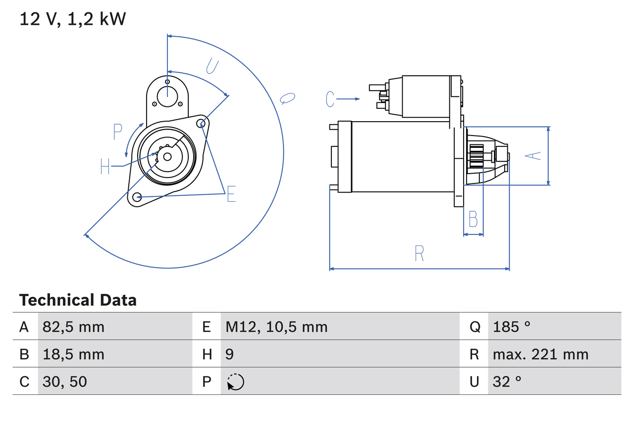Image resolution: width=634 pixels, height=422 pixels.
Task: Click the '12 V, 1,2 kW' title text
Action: (73, 19)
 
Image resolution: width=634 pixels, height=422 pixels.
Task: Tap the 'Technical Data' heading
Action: (78, 300)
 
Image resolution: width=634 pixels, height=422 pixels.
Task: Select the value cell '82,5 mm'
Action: (73, 327)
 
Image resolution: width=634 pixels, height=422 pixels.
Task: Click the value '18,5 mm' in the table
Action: (73, 354)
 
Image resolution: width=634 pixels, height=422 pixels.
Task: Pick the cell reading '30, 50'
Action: (64, 381)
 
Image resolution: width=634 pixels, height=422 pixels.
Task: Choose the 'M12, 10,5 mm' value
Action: (276, 327)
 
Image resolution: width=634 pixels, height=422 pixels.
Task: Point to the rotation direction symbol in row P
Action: (236, 382)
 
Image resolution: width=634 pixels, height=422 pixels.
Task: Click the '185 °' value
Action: (511, 327)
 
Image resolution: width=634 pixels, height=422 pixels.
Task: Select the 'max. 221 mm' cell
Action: (540, 354)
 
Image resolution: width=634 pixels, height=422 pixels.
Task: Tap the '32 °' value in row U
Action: (507, 381)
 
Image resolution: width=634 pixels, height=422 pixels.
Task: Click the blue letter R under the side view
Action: (419, 253)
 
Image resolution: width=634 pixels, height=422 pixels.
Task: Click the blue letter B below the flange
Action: (473, 219)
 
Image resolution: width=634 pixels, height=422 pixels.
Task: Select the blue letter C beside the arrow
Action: (330, 99)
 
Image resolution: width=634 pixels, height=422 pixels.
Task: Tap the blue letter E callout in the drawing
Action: (231, 194)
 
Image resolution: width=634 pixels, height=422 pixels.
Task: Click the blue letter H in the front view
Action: (105, 166)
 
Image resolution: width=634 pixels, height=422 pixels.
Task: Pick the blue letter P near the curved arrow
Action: (117, 132)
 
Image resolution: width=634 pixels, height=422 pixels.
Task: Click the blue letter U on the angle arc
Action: (212, 66)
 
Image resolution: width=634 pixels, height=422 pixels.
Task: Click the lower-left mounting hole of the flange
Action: (138, 197)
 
